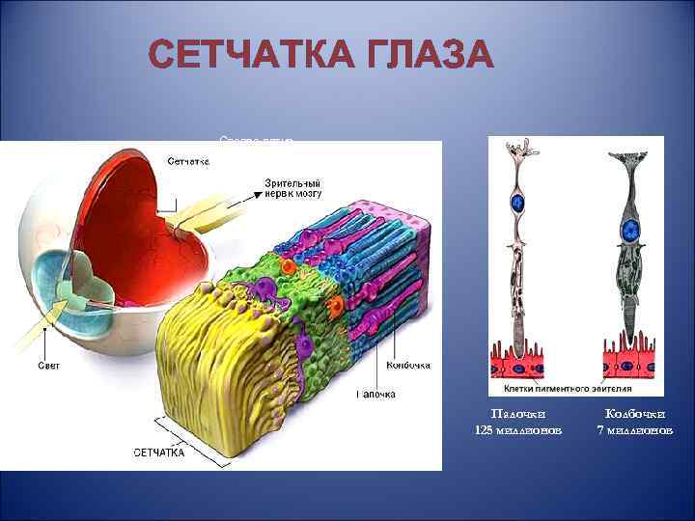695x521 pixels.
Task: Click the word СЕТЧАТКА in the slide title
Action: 245,56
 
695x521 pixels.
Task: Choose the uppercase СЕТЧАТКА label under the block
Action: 159,452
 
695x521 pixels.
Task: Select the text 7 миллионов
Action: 634,428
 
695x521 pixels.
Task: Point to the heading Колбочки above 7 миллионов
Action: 634,412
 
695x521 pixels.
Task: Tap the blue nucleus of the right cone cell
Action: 631,230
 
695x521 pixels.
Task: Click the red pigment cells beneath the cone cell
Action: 632,361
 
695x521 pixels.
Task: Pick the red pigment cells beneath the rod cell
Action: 520,361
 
